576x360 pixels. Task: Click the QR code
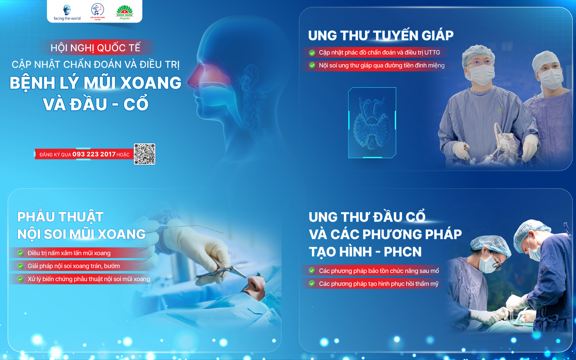point(144,154)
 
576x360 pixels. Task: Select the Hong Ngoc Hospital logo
point(125,13)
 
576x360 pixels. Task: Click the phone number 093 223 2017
point(94,154)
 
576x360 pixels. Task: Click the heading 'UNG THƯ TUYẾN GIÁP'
point(381,36)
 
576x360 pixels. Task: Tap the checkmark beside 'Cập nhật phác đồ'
point(312,53)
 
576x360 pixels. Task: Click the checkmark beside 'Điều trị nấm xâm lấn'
point(21,253)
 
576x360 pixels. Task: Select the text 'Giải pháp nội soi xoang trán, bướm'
point(74,266)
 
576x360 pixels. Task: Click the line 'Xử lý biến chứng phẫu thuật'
point(89,279)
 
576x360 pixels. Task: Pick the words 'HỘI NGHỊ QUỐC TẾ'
point(96,48)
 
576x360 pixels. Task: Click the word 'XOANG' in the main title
point(151,83)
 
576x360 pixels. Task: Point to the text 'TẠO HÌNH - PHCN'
point(365,252)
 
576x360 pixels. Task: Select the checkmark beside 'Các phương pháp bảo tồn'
point(312,271)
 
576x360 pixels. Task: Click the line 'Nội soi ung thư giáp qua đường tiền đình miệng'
point(382,65)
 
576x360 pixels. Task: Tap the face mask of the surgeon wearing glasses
point(481,75)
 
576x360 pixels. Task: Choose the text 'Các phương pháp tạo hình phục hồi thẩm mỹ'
point(379,284)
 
